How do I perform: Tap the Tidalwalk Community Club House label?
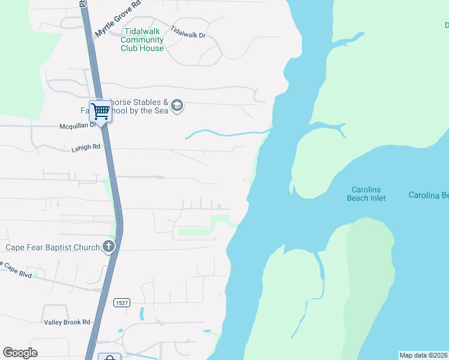[142, 40]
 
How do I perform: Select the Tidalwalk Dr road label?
[188, 32]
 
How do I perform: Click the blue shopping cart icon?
[101, 110]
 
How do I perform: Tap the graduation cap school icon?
[176, 106]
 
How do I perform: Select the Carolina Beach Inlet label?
[366, 193]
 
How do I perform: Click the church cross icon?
[109, 246]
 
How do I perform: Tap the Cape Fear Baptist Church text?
[52, 247]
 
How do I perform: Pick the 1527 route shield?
[122, 303]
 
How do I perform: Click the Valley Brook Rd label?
[67, 322]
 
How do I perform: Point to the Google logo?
[20, 353]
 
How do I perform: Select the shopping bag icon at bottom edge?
[109, 358]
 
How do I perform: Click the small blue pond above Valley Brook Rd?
[141, 313]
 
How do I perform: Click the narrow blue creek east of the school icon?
[228, 133]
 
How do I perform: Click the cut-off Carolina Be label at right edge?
[429, 195]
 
